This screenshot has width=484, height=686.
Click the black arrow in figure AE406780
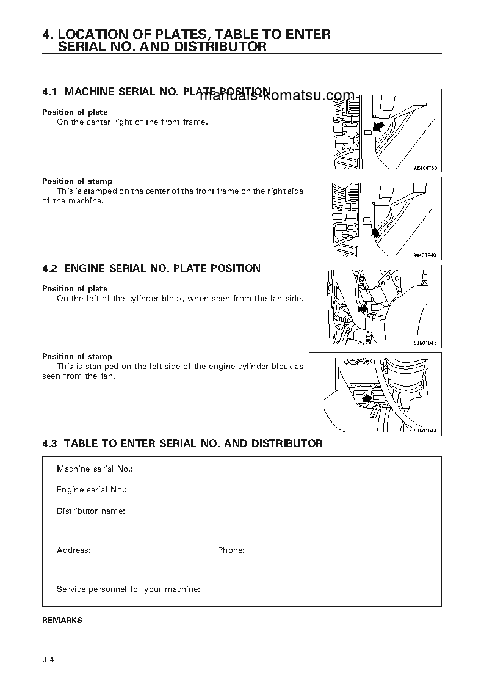pos(378,126)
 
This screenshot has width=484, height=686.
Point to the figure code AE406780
pos(426,167)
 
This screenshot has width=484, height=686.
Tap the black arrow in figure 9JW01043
pos(363,308)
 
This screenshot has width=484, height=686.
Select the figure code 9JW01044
pos(426,431)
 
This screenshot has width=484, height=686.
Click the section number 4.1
pos(49,92)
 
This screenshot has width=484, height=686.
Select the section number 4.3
pos(49,443)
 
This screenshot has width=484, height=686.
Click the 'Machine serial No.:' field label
pos(95,469)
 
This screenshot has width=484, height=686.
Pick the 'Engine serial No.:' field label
pos(92,490)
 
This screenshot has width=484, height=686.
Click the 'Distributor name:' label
pos(91,511)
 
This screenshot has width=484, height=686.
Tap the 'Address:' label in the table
pos(74,550)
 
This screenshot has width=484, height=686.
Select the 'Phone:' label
pos(231,550)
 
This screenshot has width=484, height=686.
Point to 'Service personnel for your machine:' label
pos(128,589)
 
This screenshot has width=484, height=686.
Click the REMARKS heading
pos(62,620)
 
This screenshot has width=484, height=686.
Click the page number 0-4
pos(49,659)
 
